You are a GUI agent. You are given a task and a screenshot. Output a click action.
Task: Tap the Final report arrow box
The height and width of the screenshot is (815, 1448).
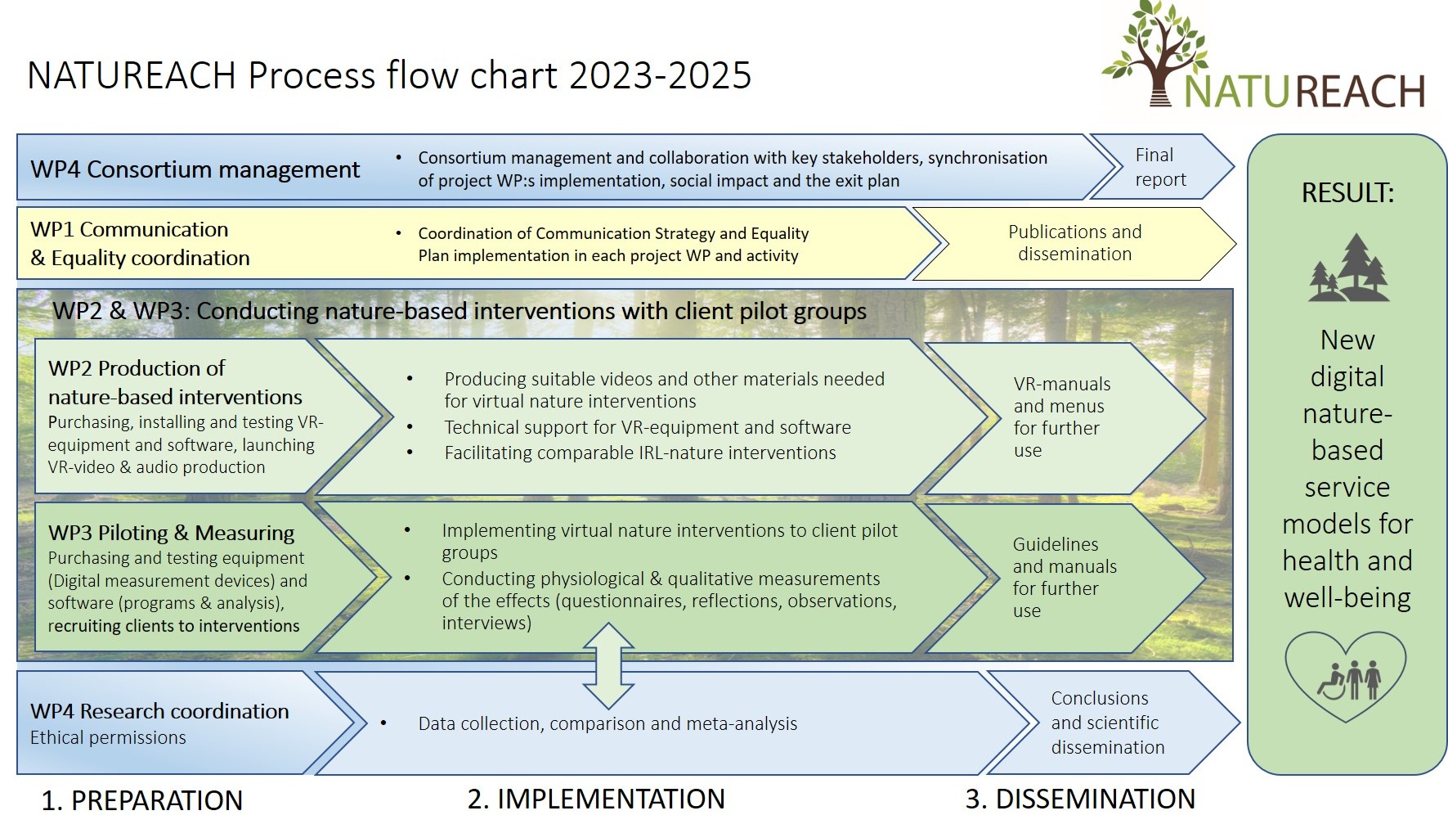click(1161, 167)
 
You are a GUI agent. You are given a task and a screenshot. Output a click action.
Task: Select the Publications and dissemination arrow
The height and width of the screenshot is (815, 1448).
click(1074, 243)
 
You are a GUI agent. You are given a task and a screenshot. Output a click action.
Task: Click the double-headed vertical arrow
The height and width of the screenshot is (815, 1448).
click(608, 665)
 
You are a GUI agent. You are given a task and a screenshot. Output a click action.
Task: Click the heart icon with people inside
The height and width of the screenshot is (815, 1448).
click(1346, 675)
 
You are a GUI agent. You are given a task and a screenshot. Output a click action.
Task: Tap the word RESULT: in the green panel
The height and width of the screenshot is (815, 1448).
click(1347, 193)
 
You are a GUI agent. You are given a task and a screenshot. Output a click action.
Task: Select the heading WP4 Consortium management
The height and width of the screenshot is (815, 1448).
click(195, 169)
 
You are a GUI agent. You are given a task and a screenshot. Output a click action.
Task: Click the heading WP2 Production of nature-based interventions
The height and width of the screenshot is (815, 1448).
click(175, 382)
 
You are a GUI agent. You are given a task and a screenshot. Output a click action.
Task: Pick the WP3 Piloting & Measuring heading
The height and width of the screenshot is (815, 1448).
click(171, 533)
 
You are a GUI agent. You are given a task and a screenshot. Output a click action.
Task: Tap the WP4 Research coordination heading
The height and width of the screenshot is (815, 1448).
click(159, 711)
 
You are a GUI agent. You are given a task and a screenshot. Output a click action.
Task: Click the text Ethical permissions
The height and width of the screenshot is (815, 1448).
click(108, 737)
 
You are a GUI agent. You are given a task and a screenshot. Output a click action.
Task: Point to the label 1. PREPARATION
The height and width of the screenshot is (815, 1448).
click(142, 799)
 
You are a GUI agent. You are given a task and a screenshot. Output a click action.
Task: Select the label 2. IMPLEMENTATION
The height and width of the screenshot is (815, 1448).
click(596, 799)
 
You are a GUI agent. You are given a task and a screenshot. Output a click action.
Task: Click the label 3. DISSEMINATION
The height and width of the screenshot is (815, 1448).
click(1080, 799)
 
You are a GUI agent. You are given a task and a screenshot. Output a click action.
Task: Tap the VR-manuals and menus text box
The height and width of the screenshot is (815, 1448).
click(1061, 417)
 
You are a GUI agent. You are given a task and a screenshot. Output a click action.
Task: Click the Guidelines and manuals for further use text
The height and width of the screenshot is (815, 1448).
click(1064, 577)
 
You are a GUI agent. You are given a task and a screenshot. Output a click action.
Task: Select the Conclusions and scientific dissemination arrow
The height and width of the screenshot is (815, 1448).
click(1107, 723)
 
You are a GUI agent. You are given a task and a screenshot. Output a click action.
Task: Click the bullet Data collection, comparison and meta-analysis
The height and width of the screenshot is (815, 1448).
click(607, 723)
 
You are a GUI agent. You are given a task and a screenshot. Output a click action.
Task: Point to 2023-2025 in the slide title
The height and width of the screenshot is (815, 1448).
click(660, 75)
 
